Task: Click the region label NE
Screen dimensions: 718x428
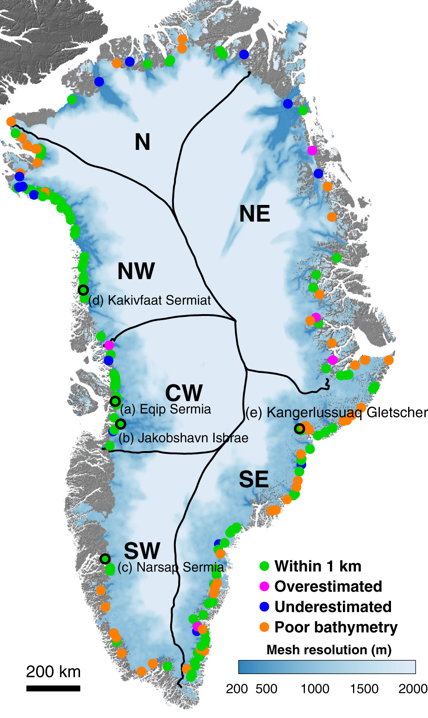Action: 254,214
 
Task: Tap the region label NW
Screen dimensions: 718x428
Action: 136,271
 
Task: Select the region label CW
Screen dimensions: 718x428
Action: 184,393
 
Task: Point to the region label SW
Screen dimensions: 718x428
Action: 142,551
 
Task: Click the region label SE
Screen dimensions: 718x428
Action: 254,479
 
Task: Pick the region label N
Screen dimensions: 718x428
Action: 143,142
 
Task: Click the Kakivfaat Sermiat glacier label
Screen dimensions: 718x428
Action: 149,300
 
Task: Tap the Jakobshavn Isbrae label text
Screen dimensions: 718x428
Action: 183,438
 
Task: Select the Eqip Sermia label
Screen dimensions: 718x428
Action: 165,409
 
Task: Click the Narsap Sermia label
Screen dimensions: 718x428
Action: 170,568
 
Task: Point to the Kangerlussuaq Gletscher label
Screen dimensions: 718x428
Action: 336,413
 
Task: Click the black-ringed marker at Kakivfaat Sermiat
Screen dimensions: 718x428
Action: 83,290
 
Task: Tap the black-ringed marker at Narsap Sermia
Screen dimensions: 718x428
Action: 105,558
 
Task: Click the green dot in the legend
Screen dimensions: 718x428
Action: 265,566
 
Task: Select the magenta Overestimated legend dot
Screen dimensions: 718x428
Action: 265,587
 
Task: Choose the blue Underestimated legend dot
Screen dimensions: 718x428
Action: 265,607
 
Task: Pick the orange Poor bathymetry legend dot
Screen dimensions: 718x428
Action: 265,627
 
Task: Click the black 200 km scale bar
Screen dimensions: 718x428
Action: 53,688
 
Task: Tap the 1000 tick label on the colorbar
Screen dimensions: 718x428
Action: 315,689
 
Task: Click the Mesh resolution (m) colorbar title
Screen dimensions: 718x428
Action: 329,650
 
